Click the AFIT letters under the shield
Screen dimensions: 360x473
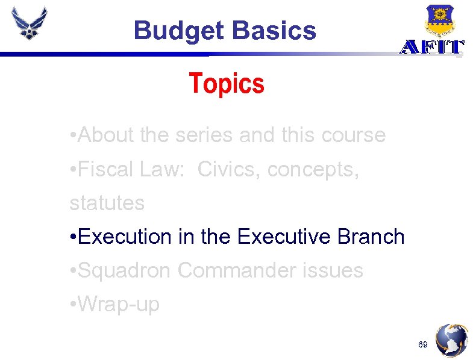433,48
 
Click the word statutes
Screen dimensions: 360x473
107,203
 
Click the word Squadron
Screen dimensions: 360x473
125,270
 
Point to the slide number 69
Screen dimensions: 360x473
422,345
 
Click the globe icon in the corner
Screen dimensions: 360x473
452,341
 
